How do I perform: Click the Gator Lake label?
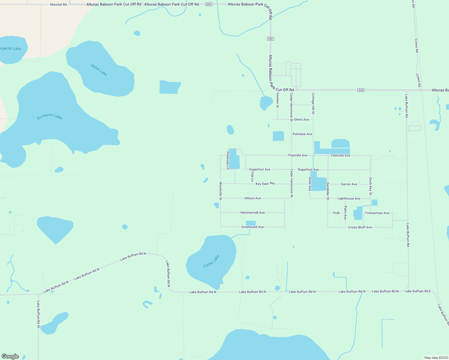tap(99, 70)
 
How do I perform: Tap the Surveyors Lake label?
tap(50, 116)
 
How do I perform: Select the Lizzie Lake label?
tap(211, 261)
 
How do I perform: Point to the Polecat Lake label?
tap(11, 48)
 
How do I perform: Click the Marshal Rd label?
tap(59, 4)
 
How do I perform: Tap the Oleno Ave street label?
tap(301, 119)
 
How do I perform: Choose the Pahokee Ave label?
tap(302, 134)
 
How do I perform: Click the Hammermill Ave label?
tap(252, 213)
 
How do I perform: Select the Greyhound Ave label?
tap(252, 227)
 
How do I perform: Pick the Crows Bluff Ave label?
tap(360, 227)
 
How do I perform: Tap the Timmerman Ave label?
tap(377, 213)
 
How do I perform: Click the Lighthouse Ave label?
tap(349, 199)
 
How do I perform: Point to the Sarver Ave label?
tap(349, 184)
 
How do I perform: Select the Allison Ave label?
tap(252, 198)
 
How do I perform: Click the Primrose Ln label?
tap(228, 160)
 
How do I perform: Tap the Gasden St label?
tap(278, 100)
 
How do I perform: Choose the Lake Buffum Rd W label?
tap(38, 314)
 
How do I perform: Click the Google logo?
tap(10, 356)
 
